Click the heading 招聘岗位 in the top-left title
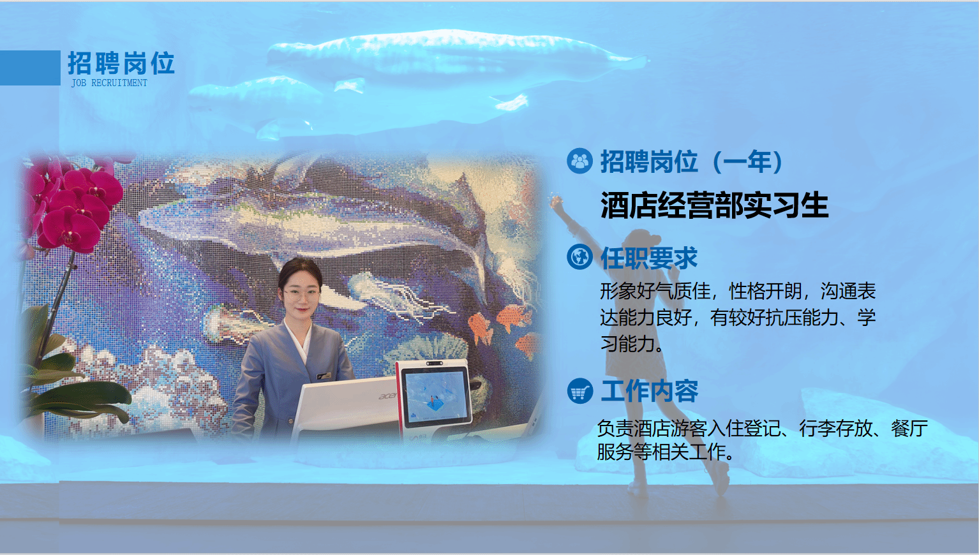point(121,63)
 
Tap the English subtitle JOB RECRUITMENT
point(109,83)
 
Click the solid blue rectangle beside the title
point(30,68)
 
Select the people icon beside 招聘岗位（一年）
point(579,161)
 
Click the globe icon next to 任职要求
point(579,256)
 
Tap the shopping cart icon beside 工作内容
point(579,390)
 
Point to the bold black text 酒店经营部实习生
point(714,205)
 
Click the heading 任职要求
point(648,258)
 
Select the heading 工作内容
point(650,391)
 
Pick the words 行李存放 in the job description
point(835,428)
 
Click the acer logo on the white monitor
point(387,396)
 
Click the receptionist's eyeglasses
point(301,293)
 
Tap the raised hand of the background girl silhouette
point(556,202)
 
